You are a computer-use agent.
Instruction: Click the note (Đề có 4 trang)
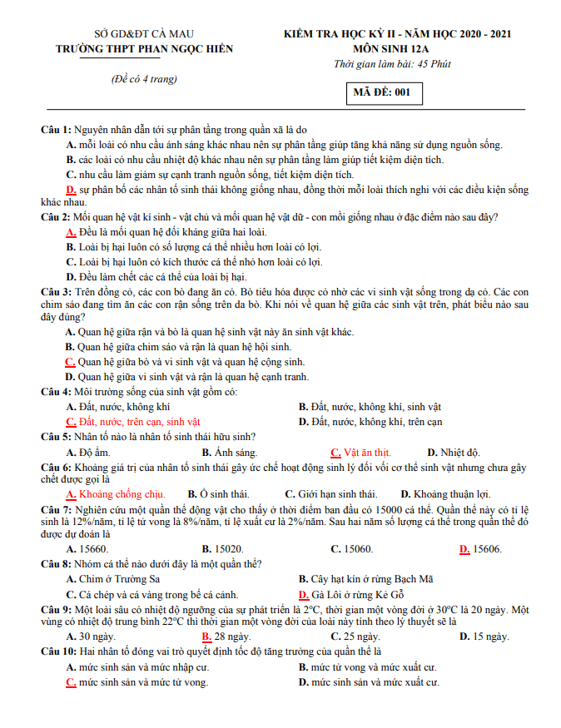point(144,79)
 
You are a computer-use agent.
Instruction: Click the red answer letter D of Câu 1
point(71,190)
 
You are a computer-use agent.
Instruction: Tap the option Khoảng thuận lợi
point(451,494)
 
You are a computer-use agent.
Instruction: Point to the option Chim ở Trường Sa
point(118,579)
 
